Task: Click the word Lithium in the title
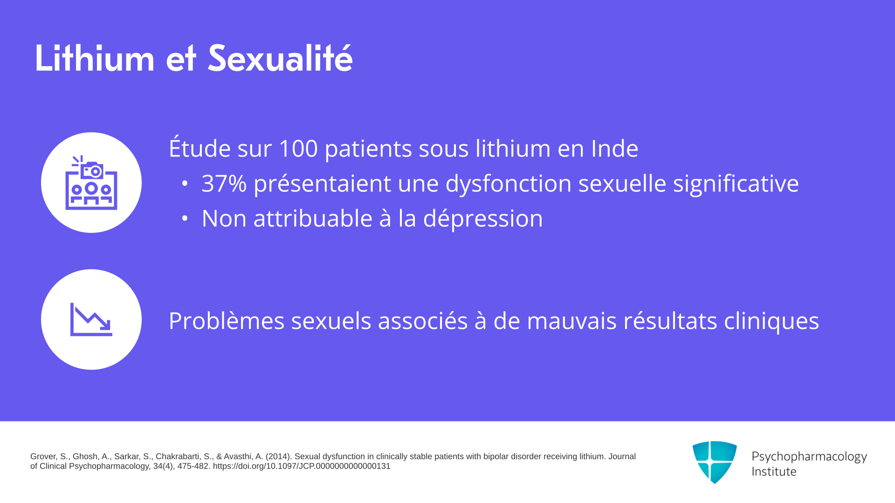pos(95,58)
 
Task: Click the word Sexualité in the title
pos(280,58)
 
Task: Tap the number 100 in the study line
pos(298,149)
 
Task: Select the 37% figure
pos(224,183)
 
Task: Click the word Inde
pos(615,149)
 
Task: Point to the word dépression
pos(483,218)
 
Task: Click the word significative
pos(736,184)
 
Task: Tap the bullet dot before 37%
pos(185,184)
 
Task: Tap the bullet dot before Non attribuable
pos(185,218)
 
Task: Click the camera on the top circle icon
pos(92,170)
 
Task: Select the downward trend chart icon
pos(91,319)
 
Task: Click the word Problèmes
pos(227,321)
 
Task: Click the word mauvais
pos(572,321)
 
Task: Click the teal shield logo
pos(715,462)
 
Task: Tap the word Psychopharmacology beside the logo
pos(809,457)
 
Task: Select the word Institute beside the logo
pos(774,472)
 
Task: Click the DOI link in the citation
pos(302,466)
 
